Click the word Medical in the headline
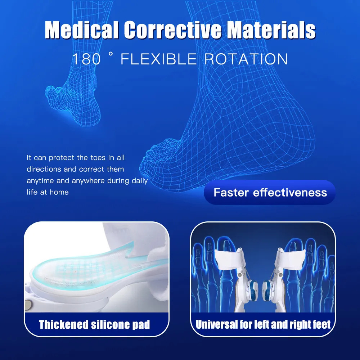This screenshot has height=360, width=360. pyautogui.click(x=81, y=30)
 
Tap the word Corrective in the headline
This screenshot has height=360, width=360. pyautogui.click(x=172, y=30)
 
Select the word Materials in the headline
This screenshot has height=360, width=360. pyautogui.click(x=271, y=30)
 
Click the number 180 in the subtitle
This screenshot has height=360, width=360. pyautogui.click(x=86, y=59)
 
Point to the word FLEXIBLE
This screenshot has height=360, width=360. pyautogui.click(x=159, y=59)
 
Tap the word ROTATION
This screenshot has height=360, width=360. pyautogui.click(x=246, y=59)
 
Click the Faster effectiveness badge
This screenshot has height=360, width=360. pyautogui.click(x=270, y=192)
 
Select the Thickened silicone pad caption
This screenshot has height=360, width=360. pyautogui.click(x=94, y=325)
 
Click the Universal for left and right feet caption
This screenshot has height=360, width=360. pyautogui.click(x=263, y=324)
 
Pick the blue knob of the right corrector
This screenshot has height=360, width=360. pyautogui.click(x=268, y=291)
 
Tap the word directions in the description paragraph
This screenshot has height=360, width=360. pyautogui.click(x=44, y=169)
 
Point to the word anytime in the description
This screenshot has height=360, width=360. pyautogui.click(x=40, y=181)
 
